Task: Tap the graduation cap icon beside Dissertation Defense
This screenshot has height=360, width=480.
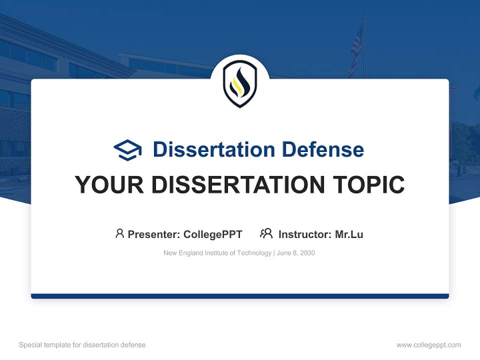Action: pos(127,150)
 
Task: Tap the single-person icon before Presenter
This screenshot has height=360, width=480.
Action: pos(119,233)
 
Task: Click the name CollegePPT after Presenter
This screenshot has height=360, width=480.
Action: pos(212,234)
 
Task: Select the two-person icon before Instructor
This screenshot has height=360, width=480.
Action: pos(266,233)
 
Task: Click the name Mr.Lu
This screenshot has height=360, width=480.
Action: pos(349,234)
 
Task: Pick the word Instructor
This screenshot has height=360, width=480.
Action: pos(304,234)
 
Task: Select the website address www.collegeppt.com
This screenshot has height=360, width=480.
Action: pos(428,345)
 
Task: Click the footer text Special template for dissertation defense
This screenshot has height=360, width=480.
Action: pos(82,345)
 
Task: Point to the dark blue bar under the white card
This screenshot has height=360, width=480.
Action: pos(239,296)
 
